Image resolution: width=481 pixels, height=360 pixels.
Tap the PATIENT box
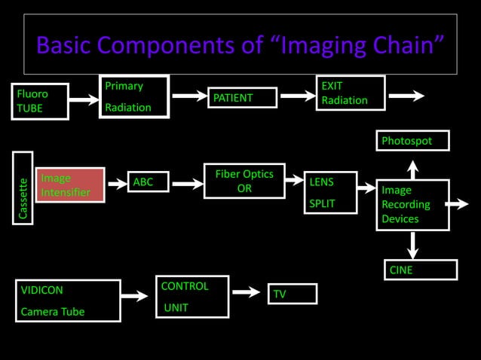tap(242, 98)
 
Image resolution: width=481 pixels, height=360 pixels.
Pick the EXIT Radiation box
tap(350, 93)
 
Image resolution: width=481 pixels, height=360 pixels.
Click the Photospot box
tap(412, 141)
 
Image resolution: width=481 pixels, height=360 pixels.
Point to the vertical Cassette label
tap(23, 188)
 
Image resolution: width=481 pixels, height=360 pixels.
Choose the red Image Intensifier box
tap(69, 185)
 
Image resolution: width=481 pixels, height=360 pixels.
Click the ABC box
tap(149, 182)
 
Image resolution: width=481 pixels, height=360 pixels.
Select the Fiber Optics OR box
tap(244, 181)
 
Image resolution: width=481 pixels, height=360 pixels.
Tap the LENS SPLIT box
tap(331, 193)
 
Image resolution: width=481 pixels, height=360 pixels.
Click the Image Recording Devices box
tap(412, 204)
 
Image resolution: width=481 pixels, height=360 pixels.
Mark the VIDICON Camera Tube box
tap(69, 301)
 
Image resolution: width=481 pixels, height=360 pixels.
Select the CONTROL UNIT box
tap(191, 297)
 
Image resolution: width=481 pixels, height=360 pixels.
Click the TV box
tap(292, 294)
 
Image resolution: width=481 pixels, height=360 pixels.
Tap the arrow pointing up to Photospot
tap(412, 167)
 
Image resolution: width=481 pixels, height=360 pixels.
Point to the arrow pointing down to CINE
tap(413, 245)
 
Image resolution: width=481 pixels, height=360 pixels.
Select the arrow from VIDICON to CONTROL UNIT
tap(136, 296)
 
